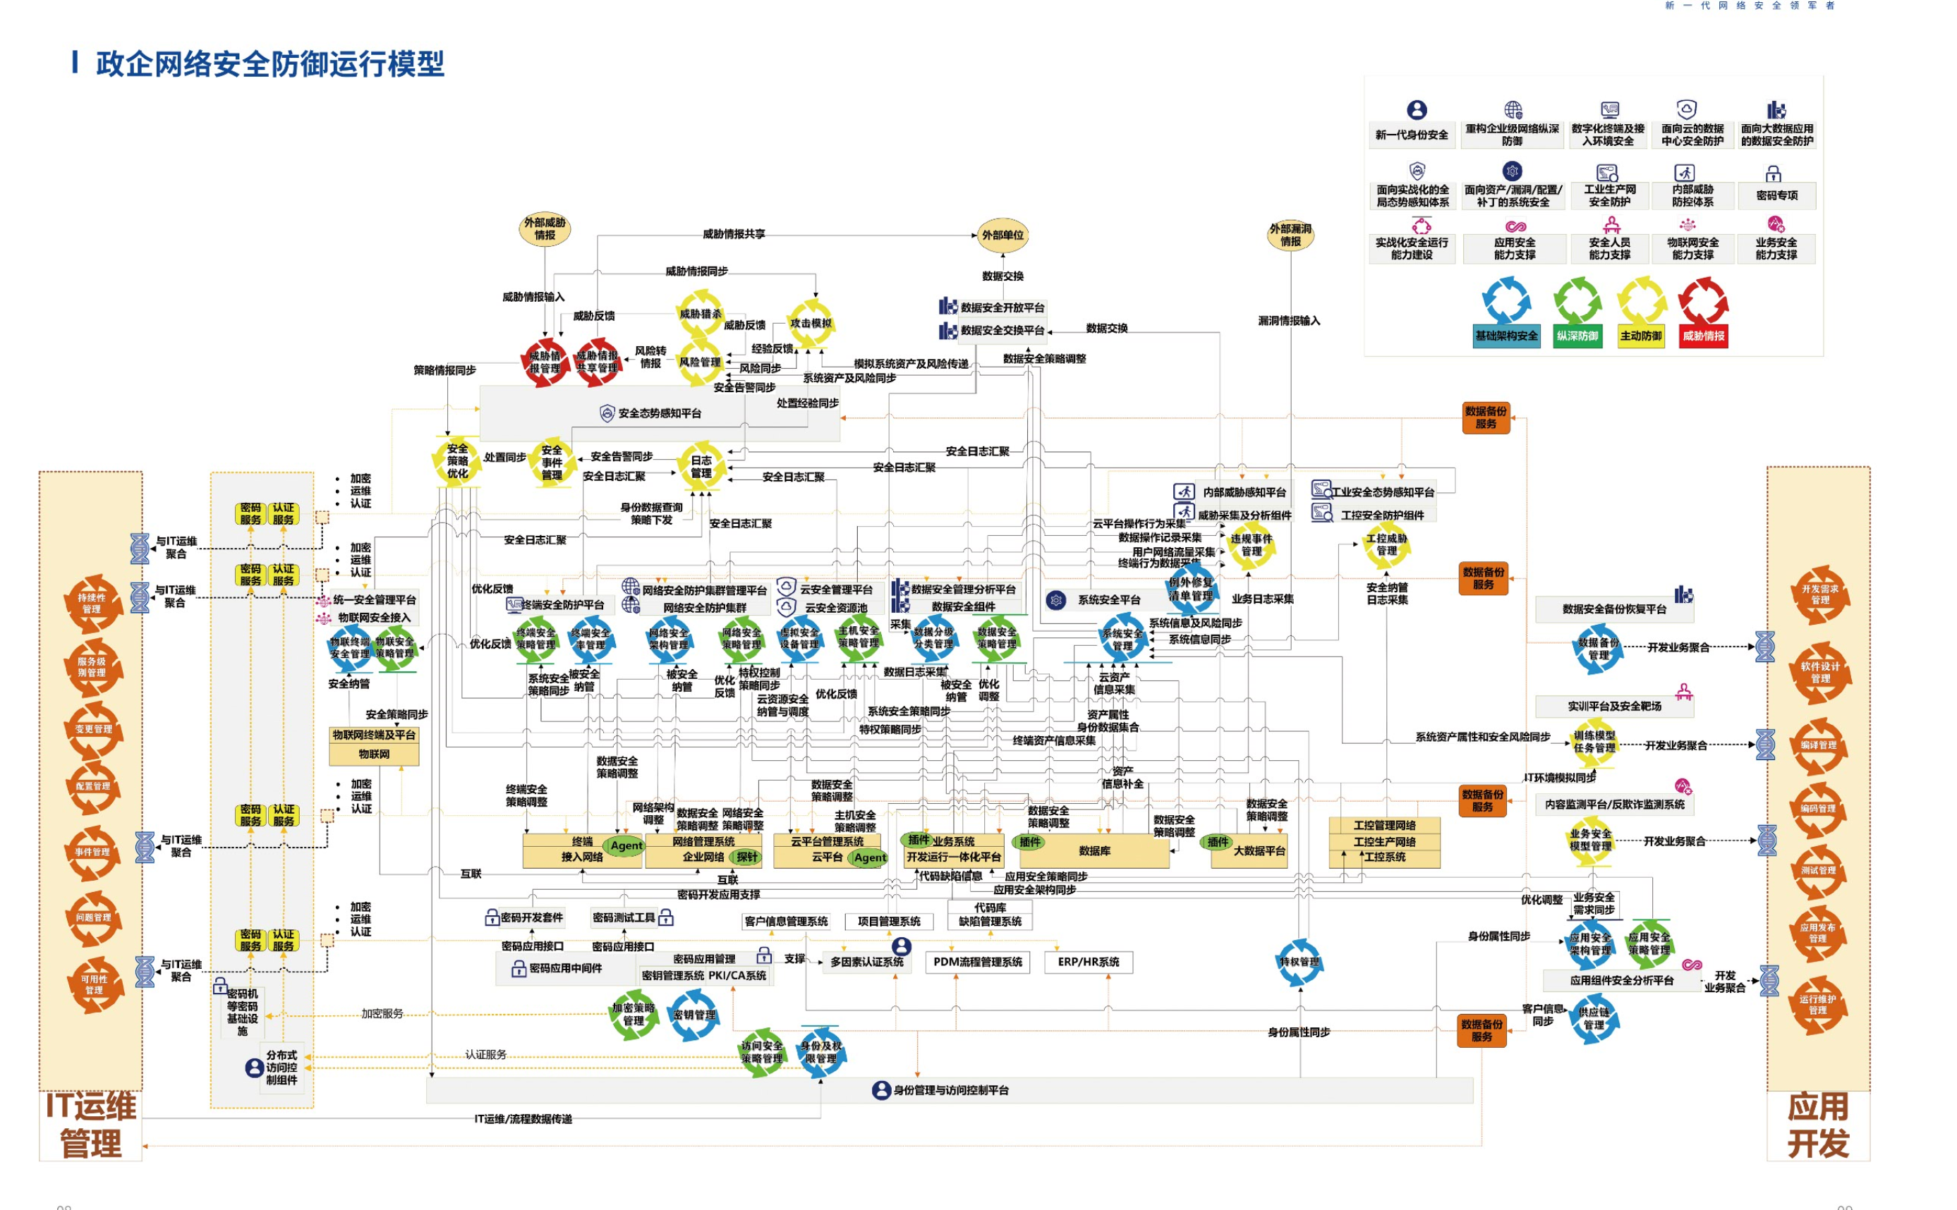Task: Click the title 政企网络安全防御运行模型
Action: click(269, 64)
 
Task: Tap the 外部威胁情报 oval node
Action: click(545, 229)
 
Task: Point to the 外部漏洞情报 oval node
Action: click(1290, 235)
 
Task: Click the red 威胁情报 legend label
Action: click(1702, 336)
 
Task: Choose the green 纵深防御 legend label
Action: click(1577, 336)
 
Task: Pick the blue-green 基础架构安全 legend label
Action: click(1506, 336)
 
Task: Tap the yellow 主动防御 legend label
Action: click(1641, 336)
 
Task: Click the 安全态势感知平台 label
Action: click(659, 414)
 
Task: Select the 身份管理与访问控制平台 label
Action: click(950, 1090)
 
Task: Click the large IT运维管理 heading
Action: click(90, 1125)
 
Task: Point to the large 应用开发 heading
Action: click(1818, 1125)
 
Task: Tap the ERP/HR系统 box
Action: click(1088, 962)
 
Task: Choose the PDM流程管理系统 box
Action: click(977, 962)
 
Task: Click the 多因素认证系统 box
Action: click(866, 962)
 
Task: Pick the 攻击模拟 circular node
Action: click(810, 324)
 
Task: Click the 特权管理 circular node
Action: click(1298, 962)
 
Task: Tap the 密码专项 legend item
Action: click(1776, 195)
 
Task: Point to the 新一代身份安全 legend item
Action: click(1411, 135)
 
